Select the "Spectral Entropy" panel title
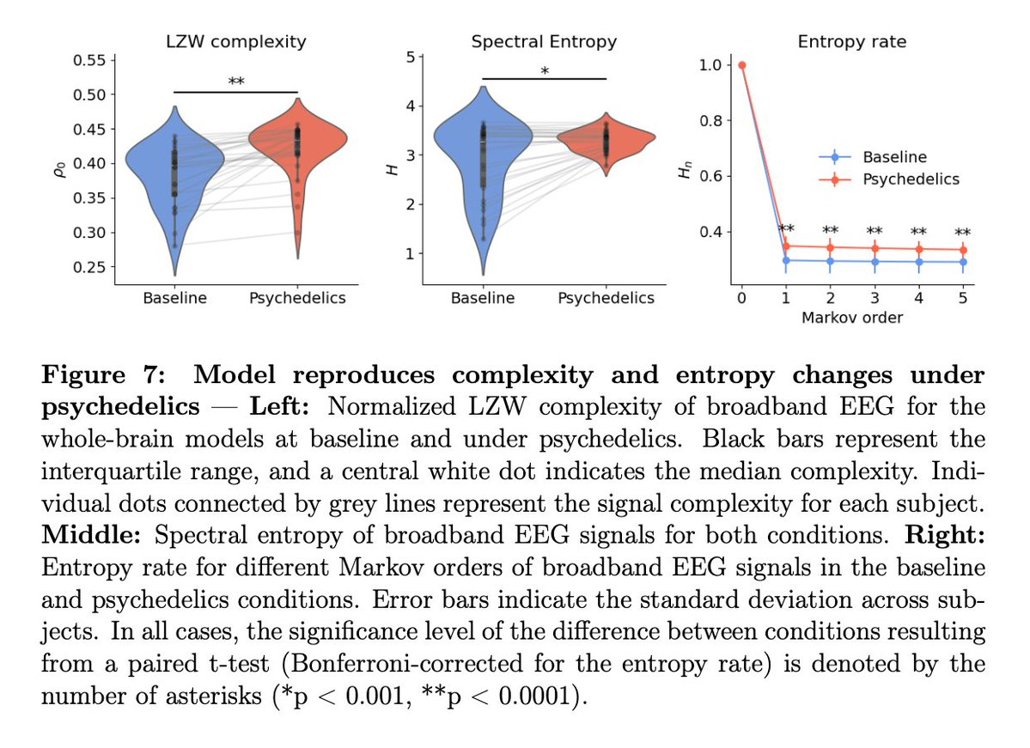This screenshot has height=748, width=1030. coord(544,40)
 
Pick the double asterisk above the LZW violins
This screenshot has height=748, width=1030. coord(235,82)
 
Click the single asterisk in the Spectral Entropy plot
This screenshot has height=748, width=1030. coord(545,70)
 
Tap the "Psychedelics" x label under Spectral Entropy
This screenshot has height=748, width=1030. coord(606,298)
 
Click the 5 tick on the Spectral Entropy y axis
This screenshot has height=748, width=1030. coord(411,58)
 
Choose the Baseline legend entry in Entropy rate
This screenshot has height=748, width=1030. coord(894,157)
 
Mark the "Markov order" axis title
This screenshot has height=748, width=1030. coord(852,319)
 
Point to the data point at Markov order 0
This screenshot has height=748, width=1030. coord(742,64)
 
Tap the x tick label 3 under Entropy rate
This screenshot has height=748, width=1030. coord(875,298)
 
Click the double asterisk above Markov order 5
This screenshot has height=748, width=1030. coord(963,232)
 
